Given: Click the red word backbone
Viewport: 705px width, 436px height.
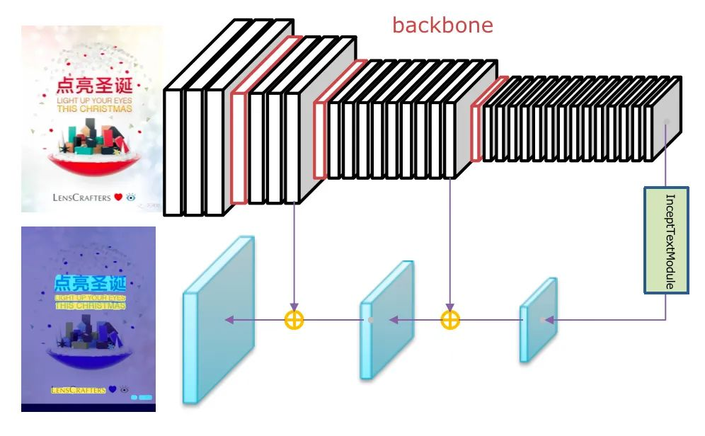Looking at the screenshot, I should (x=442, y=26).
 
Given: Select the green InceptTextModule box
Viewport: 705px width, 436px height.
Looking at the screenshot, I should (x=665, y=240).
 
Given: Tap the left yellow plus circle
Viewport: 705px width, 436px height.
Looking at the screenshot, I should (x=294, y=320).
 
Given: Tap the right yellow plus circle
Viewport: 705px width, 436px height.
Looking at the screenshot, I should (x=449, y=320).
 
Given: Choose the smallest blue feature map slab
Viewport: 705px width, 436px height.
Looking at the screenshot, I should (x=539, y=320).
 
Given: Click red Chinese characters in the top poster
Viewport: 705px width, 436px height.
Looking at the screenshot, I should (x=93, y=88).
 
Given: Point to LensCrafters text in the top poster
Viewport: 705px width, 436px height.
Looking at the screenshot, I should (x=81, y=197).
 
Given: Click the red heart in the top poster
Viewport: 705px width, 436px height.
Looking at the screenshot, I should (x=118, y=197).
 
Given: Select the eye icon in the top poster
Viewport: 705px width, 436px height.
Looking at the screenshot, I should (x=130, y=197).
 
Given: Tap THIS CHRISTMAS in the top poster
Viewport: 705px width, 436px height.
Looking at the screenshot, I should (x=94, y=109).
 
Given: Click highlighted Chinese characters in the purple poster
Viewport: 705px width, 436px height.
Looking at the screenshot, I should (x=90, y=285).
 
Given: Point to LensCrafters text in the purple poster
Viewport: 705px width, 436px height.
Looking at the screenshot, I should (x=78, y=390).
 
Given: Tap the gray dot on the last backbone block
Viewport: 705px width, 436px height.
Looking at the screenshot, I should (x=665, y=122).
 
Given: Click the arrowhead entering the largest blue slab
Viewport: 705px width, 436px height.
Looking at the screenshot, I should (x=229, y=320).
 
